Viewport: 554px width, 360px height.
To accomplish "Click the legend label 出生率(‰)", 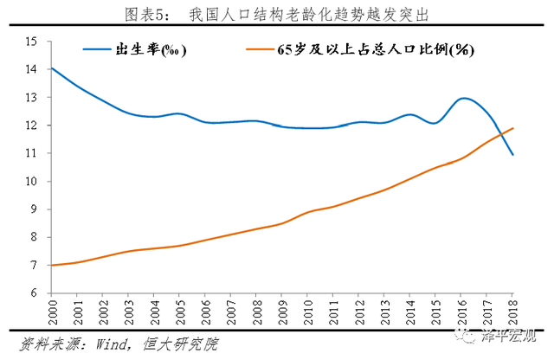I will click(x=151, y=49).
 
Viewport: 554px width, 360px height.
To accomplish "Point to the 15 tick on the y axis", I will click(x=32, y=42).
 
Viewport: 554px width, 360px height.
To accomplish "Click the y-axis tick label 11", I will click(x=32, y=153).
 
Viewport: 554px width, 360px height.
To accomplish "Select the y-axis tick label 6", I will click(x=34, y=293).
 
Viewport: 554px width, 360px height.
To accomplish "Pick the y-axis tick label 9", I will click(x=34, y=209).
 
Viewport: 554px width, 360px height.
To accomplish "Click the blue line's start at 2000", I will click(x=53, y=68).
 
